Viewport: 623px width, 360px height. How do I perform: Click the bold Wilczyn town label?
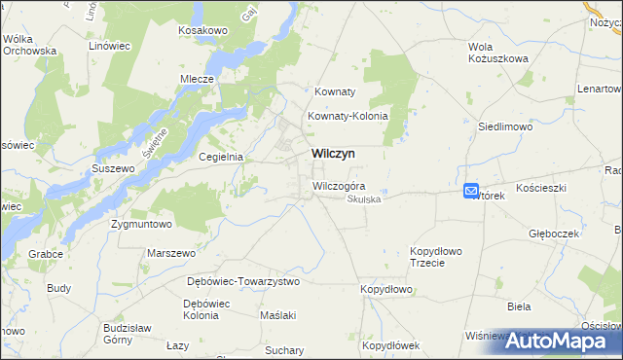tap(333, 154)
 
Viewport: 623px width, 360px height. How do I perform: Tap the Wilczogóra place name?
tap(339, 185)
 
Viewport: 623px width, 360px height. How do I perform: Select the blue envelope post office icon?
tap(471, 192)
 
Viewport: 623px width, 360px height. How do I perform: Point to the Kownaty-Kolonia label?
tap(348, 116)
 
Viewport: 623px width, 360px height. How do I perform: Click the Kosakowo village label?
tap(202, 31)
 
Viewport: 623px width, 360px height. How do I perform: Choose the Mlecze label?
tap(197, 80)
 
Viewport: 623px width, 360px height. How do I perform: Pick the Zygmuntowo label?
tap(141, 224)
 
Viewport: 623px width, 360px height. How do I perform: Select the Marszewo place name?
tap(171, 253)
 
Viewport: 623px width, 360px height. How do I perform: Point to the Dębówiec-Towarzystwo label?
tap(243, 281)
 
